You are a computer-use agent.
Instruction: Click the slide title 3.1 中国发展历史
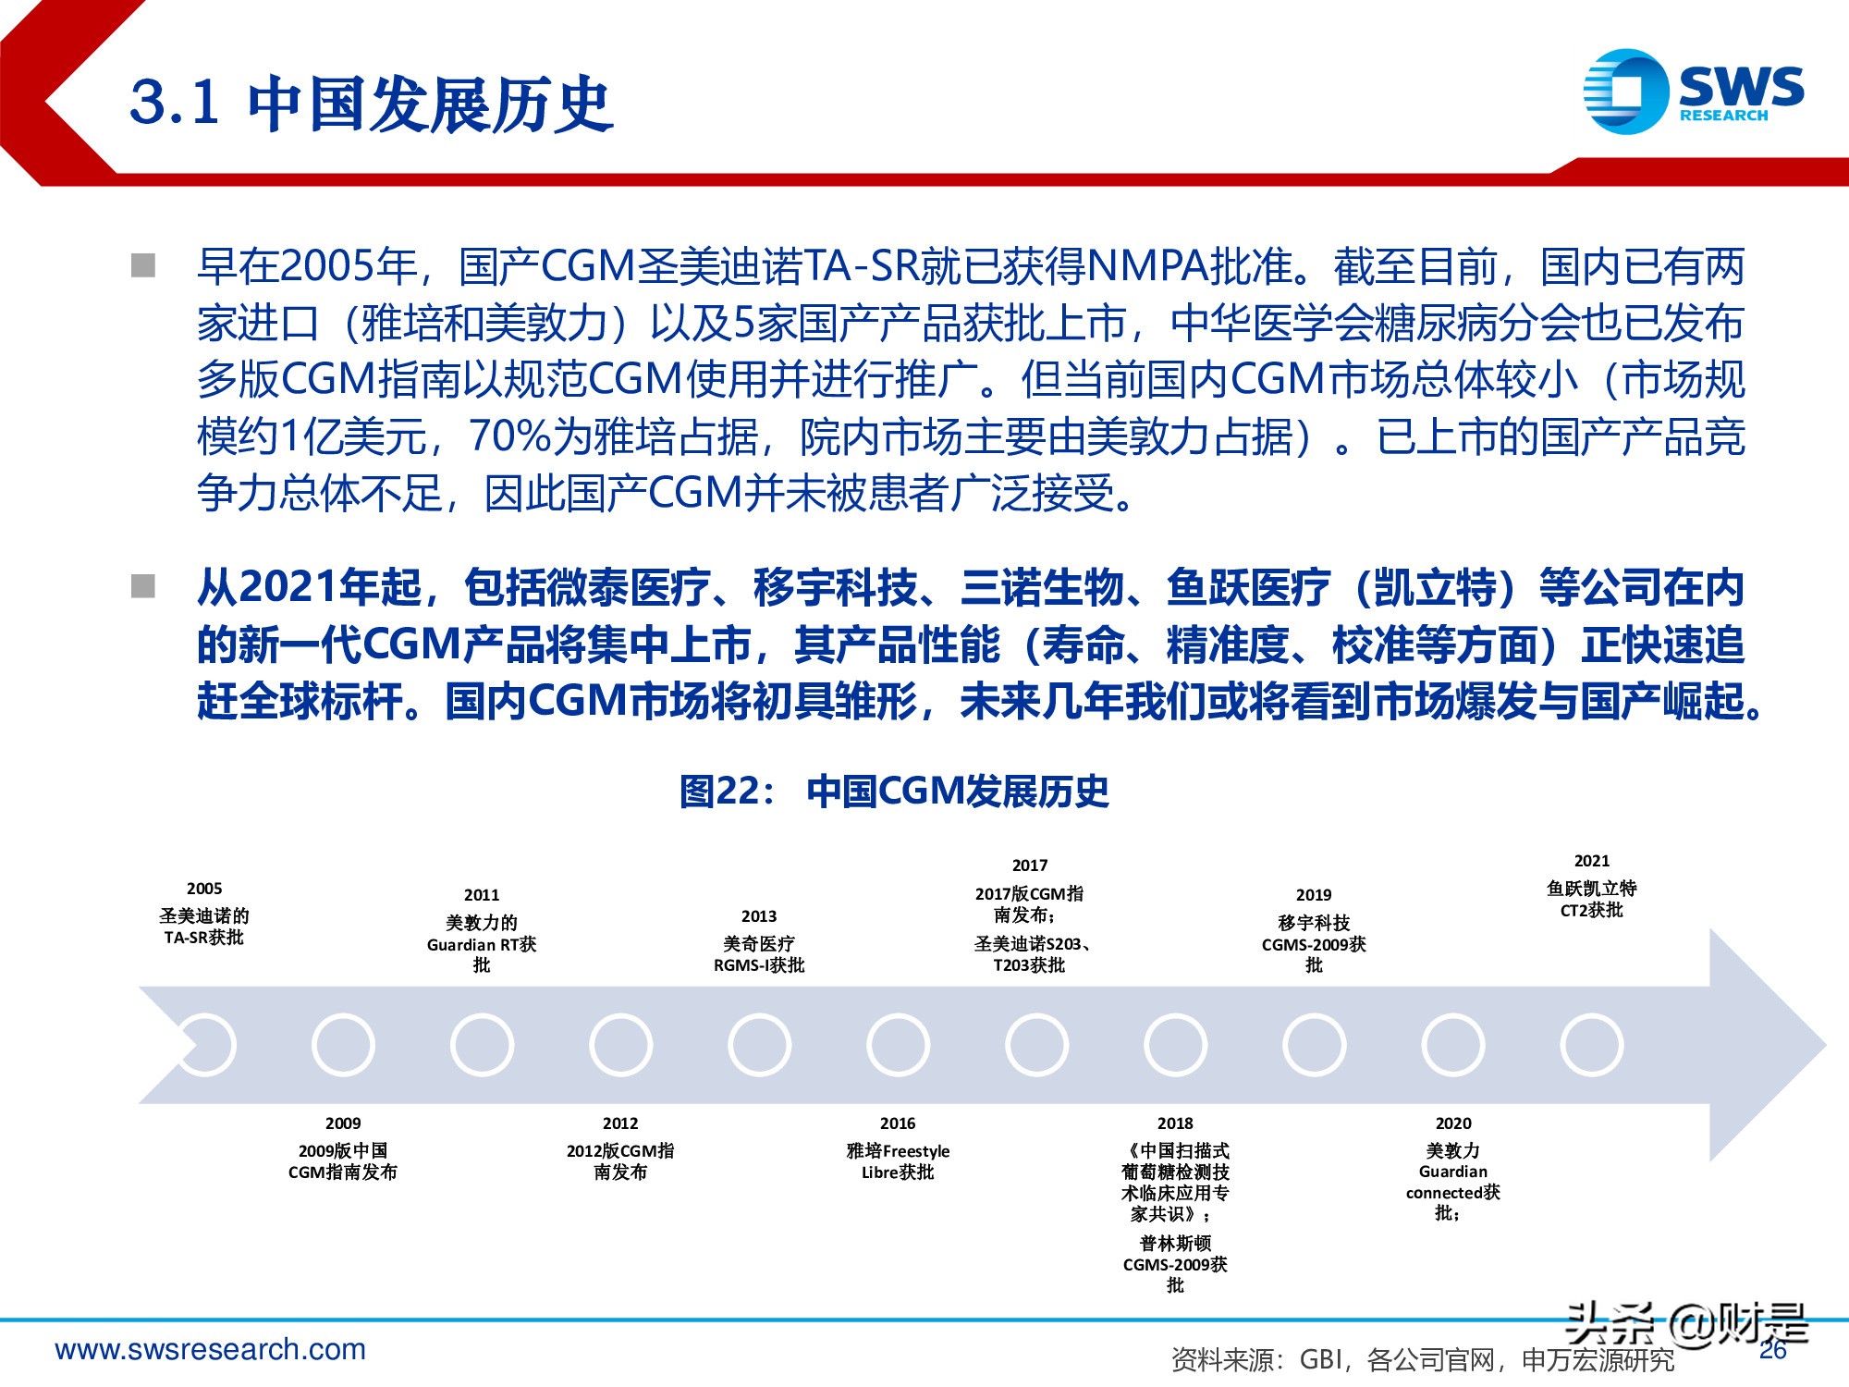point(372,103)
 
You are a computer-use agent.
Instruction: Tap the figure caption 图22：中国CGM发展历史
point(894,792)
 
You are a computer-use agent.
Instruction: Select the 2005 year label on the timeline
point(204,889)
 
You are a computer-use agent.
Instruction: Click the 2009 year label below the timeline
point(343,1123)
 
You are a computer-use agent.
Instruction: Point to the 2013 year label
point(759,916)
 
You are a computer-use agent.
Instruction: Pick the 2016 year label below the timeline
point(898,1123)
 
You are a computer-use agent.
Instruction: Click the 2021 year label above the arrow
point(1592,861)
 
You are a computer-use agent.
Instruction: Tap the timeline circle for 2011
point(482,1045)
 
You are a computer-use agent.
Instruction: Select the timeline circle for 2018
point(1175,1045)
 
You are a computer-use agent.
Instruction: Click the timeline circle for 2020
point(1453,1045)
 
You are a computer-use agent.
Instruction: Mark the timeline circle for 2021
point(1592,1045)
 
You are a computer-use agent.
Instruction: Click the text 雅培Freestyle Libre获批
point(898,1161)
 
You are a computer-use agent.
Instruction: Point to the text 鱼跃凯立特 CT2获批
point(1592,899)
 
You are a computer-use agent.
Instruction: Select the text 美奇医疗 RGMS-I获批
point(759,954)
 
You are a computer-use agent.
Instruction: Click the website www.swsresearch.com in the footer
point(211,1350)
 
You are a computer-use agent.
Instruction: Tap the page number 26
point(1773,1351)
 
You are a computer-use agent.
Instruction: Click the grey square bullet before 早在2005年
point(143,266)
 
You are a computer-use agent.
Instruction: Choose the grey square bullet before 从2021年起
point(143,586)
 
